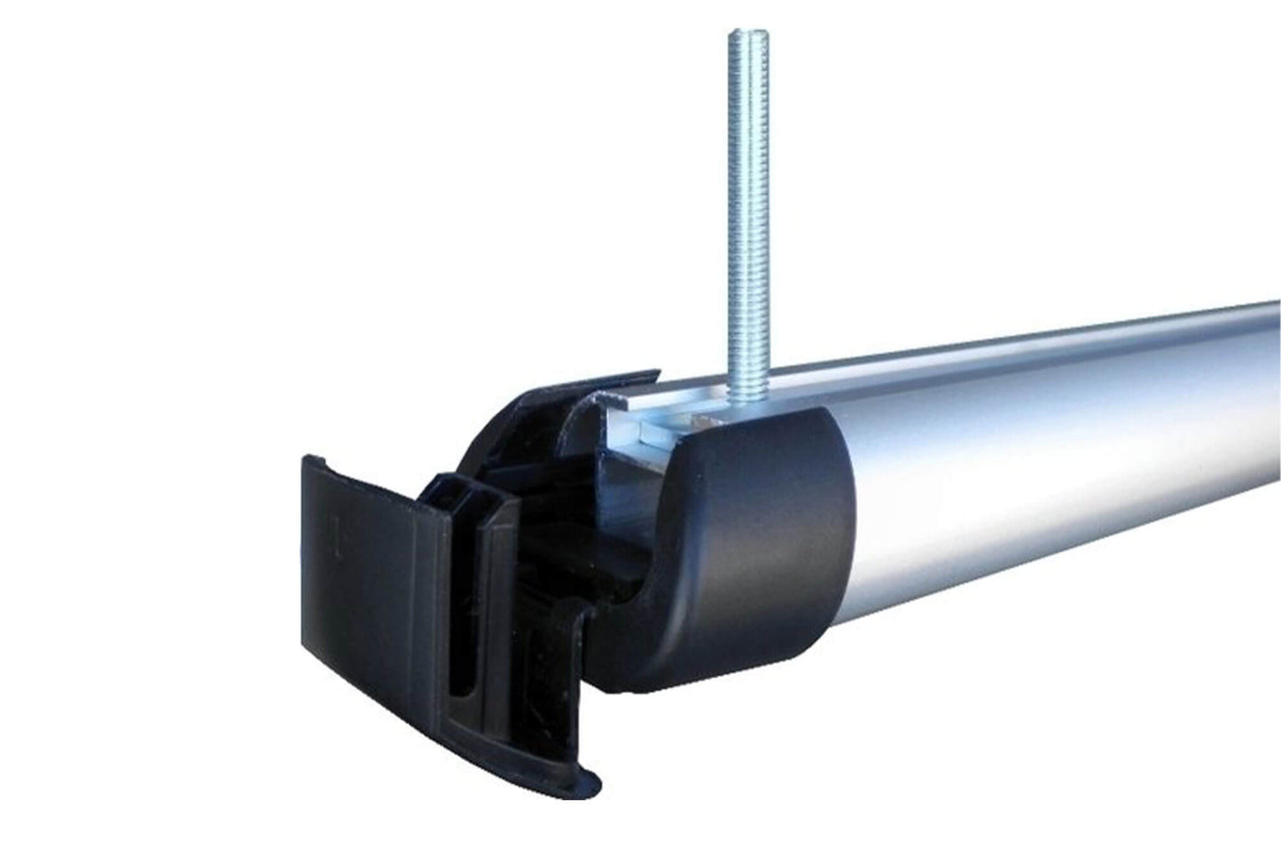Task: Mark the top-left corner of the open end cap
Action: [307, 460]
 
